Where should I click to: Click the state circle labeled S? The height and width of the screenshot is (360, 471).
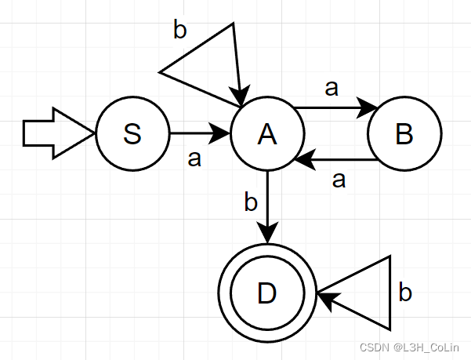pos(132,134)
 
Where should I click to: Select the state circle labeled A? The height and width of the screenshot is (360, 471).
pos(267,134)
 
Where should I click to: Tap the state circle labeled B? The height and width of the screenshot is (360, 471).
pos(404,134)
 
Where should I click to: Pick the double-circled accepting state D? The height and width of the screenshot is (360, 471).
pos(267,293)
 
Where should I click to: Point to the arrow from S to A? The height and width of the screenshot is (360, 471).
pos(200,134)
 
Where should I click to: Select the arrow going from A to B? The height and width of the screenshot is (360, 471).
pos(333,107)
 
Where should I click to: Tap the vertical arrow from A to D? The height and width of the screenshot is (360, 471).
pos(267,205)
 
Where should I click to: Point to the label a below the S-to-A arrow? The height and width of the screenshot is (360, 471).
pos(195,158)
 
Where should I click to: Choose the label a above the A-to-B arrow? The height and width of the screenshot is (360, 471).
pos(332,88)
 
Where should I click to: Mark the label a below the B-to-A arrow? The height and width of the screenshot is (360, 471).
pos(339,180)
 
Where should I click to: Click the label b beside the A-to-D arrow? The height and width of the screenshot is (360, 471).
pos(251,202)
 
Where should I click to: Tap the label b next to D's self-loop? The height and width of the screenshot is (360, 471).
pos(405,293)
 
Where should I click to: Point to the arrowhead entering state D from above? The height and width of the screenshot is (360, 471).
pos(267,235)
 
